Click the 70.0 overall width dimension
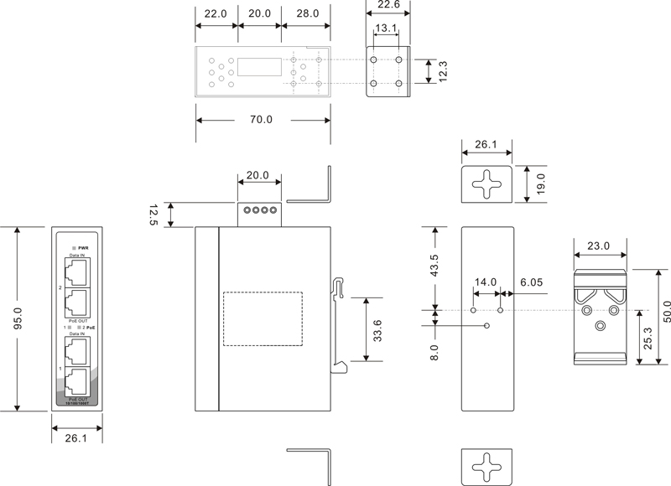(x=261, y=120)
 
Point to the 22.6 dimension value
(x=388, y=6)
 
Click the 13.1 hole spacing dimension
(x=387, y=28)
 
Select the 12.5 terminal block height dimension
(x=153, y=215)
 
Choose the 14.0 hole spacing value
(x=486, y=283)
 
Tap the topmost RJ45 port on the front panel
(x=76, y=271)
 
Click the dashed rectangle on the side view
(x=263, y=318)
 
